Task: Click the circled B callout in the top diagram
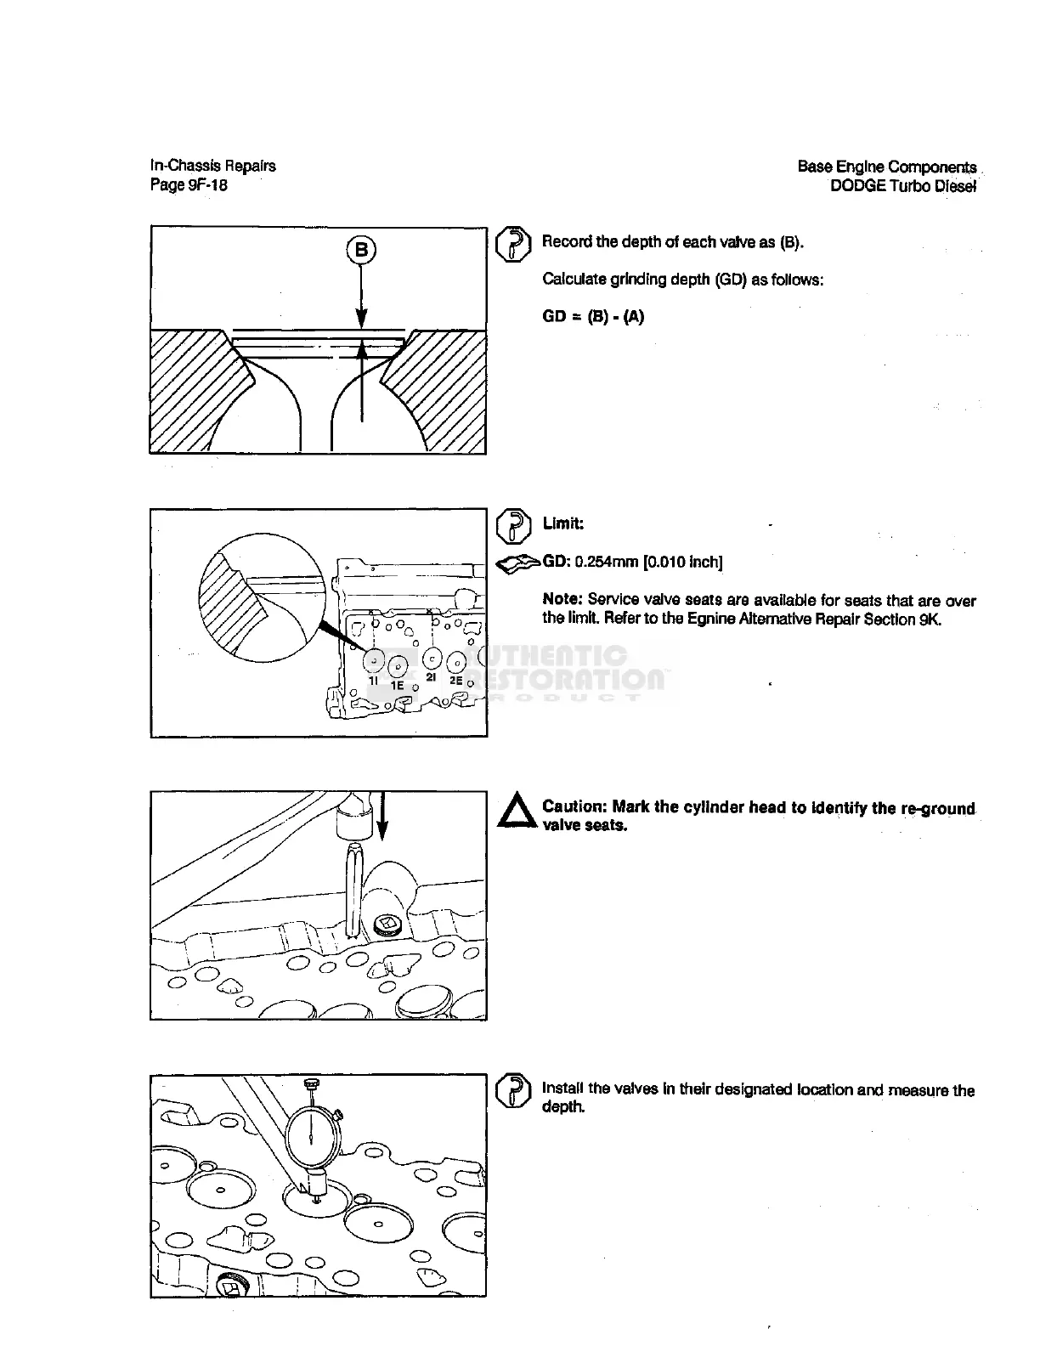pos(361,250)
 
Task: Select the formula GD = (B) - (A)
pos(593,317)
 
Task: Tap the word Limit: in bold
pos(563,523)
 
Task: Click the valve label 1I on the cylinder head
pos(373,681)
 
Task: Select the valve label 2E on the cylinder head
pos(455,681)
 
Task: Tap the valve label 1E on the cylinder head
pos(397,685)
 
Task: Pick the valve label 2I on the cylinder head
pos(431,677)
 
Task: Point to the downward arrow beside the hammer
pos(382,816)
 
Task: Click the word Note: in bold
pos(562,601)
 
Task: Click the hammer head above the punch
pos(351,820)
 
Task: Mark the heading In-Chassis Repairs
pos(213,166)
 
